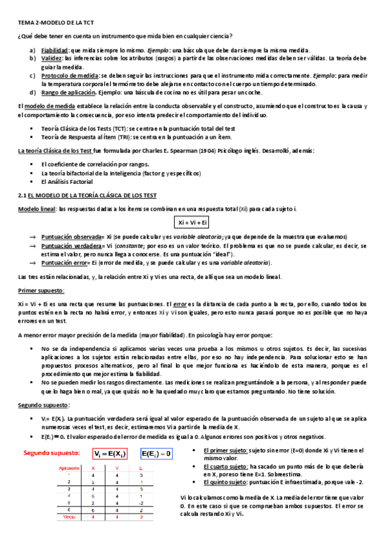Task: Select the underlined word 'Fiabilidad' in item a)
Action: click(55, 50)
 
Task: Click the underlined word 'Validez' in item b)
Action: click(52, 58)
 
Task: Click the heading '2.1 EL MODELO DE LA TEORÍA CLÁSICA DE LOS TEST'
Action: click(87, 195)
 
